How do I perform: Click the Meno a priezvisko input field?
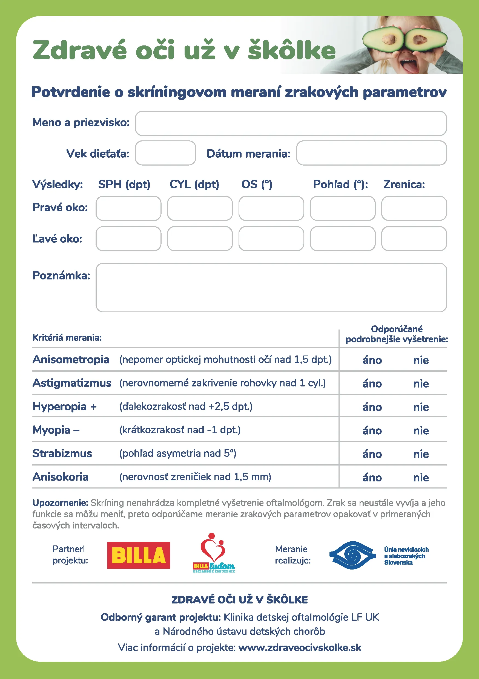[x=291, y=123]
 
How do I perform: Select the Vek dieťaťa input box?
[x=165, y=153]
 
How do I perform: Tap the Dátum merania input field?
[x=372, y=153]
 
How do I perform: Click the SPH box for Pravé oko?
[x=128, y=208]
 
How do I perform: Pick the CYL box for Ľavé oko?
[x=200, y=239]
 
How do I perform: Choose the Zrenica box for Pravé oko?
[x=414, y=208]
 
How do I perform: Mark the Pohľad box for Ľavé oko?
[x=343, y=239]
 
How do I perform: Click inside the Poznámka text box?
[x=271, y=287]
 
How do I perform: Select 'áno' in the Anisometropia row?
[x=372, y=360]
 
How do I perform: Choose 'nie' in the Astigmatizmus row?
[x=421, y=384]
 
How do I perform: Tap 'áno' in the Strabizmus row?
[x=372, y=454]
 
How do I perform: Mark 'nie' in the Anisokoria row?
[x=421, y=477]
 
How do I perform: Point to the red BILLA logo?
[x=139, y=555]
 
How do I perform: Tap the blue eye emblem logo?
[x=352, y=555]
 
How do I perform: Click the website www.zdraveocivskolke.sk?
[x=300, y=647]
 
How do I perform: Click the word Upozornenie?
[x=60, y=503]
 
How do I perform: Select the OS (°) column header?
[x=257, y=184]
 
